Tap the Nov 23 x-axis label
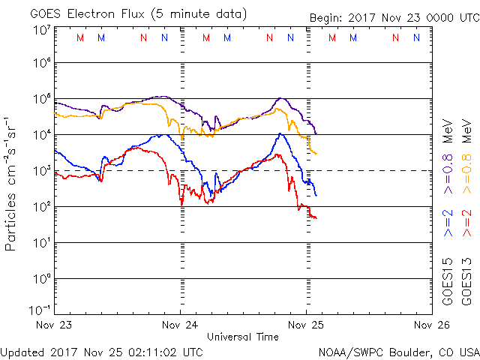click(x=56, y=326)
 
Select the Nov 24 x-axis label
click(x=180, y=326)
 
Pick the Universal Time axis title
click(x=242, y=337)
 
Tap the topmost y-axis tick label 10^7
click(x=41, y=30)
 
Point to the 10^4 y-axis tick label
click(x=41, y=134)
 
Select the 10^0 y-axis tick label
click(x=41, y=278)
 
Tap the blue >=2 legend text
click(x=448, y=224)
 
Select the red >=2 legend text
click(x=466, y=224)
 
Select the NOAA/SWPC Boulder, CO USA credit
click(x=397, y=351)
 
